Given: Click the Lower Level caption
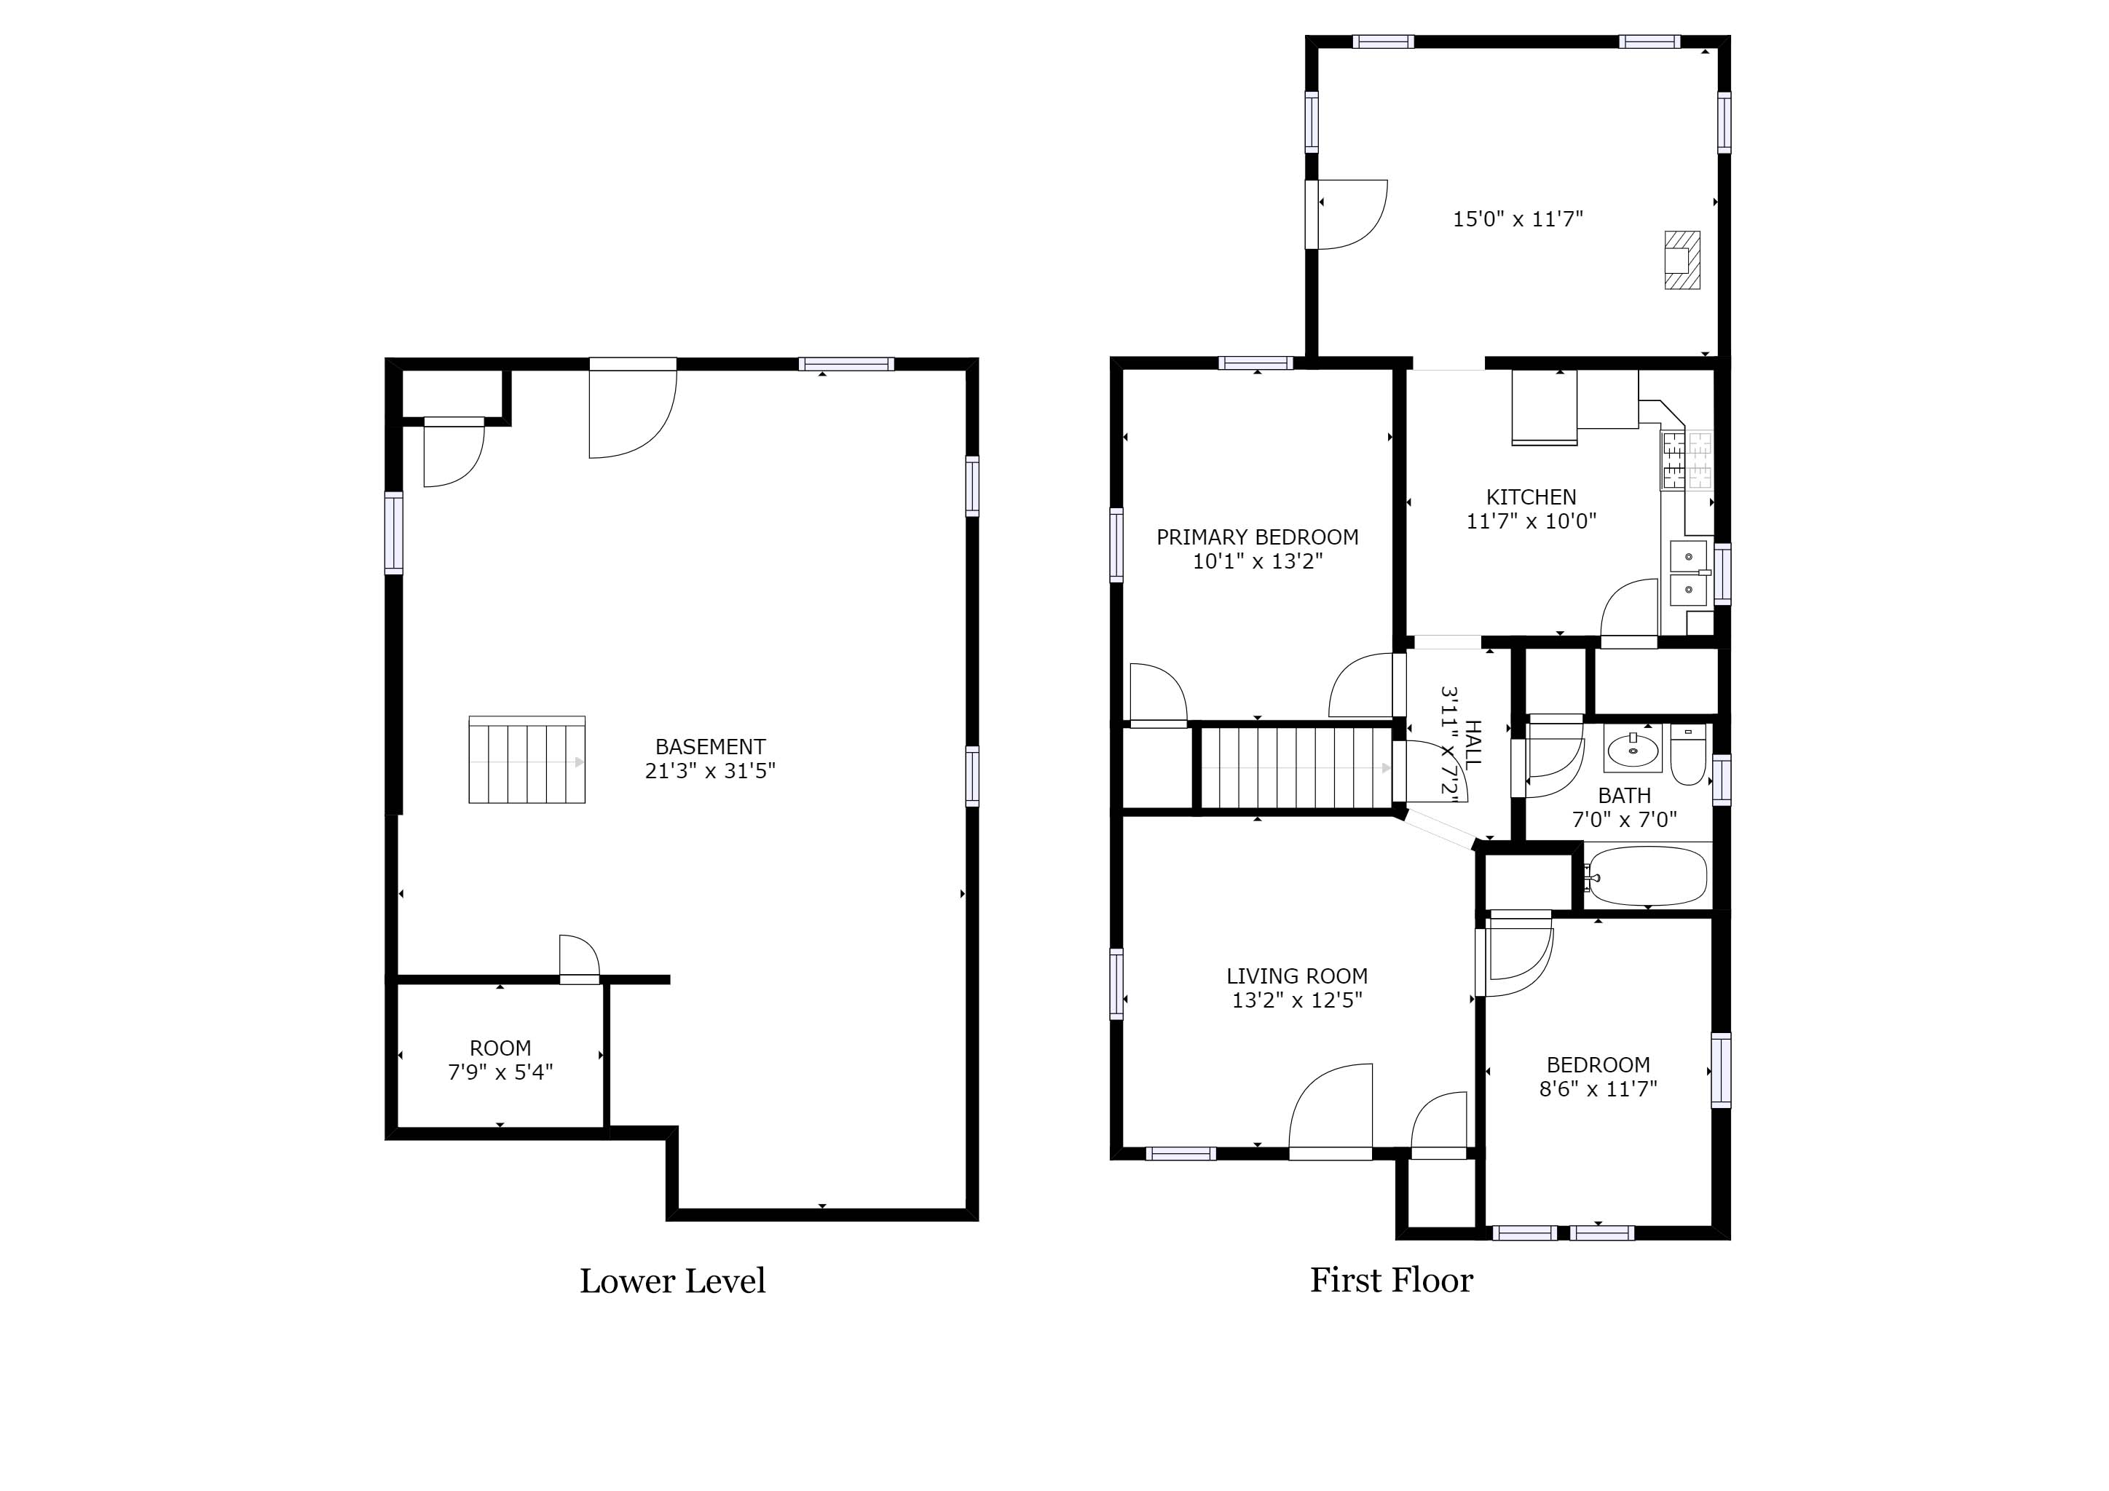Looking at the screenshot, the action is (x=672, y=1281).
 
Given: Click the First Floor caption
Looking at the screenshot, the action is (x=1392, y=1280).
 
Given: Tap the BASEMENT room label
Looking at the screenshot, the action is (x=710, y=746).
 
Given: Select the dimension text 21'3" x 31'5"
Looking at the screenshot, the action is (x=710, y=770).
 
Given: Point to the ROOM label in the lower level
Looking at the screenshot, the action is (x=500, y=1048).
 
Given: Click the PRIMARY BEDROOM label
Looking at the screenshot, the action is (x=1258, y=537).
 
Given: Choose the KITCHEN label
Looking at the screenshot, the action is (x=1532, y=497).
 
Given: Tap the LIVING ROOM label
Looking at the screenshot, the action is (x=1297, y=976).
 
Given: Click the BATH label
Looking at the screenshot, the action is (x=1625, y=795).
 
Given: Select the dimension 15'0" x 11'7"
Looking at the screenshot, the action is (x=1518, y=218).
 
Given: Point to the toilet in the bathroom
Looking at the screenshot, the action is (x=1688, y=755).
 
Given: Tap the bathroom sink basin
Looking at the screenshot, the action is (x=1634, y=749).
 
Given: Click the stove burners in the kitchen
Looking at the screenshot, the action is (x=1687, y=459).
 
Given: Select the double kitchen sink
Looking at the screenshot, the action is (x=1688, y=573).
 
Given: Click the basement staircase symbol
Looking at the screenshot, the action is (x=527, y=759).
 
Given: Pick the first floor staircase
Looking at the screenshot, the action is (x=1296, y=767).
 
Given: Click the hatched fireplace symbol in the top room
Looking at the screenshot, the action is (x=1682, y=260).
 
